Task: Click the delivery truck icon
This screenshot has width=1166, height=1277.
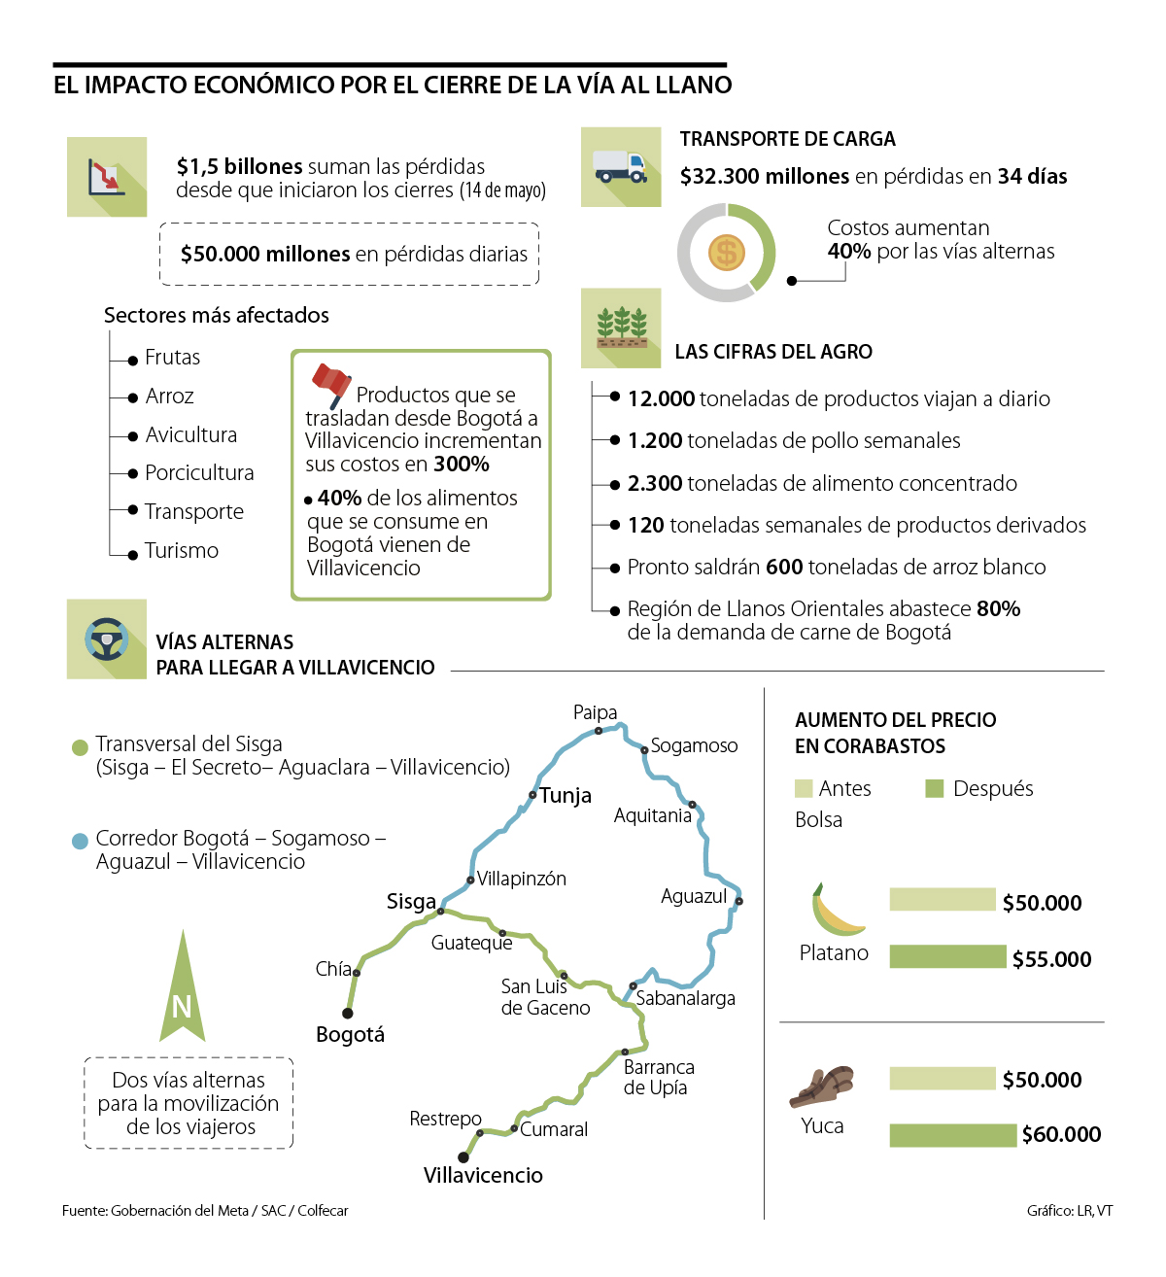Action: [620, 167]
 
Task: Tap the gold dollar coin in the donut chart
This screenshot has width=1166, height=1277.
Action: [726, 254]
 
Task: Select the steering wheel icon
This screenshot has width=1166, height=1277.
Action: [106, 639]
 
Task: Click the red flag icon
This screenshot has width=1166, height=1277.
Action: [331, 383]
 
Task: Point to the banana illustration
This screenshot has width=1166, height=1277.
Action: [835, 910]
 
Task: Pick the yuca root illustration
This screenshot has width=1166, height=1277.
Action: [822, 1086]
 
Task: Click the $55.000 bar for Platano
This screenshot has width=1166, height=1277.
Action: [947, 957]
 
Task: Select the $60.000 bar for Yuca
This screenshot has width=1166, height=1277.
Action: [952, 1134]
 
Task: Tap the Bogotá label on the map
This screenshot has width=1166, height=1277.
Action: [350, 1035]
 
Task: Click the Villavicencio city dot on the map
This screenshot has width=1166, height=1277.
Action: [463, 1157]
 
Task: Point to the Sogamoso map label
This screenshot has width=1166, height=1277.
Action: [694, 745]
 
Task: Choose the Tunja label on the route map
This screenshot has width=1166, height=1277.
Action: [566, 796]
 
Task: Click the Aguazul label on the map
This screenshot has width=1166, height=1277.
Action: [694, 896]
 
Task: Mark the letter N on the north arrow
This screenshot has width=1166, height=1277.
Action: [182, 1007]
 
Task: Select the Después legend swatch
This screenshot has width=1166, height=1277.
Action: [935, 788]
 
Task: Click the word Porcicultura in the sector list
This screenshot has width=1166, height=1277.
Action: [199, 473]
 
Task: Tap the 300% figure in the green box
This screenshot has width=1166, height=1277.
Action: [462, 465]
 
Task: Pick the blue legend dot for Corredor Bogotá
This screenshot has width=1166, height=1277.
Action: [81, 841]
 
